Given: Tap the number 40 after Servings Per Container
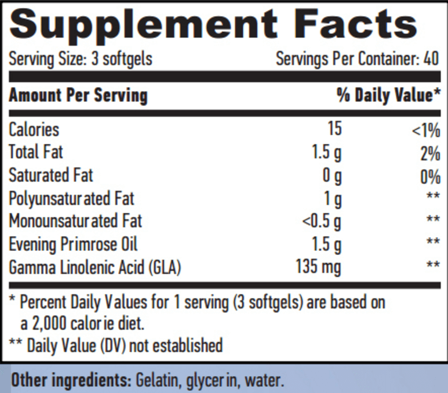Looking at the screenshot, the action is tap(431, 59).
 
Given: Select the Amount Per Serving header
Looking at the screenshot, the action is tap(78, 95).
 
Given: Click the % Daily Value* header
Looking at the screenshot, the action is tap(388, 95).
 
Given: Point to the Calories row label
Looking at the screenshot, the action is tap(34, 129).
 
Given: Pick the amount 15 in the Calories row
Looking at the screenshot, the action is tap(335, 128).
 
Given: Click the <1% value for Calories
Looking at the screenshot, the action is tap(426, 130).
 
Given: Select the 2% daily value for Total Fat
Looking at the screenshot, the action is tap(430, 154).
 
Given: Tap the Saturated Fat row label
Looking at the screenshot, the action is tap(51, 175).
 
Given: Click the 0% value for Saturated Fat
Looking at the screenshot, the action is tap(430, 177).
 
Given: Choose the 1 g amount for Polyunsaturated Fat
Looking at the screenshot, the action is tap(333, 199).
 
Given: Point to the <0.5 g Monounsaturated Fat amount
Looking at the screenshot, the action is tap(322, 222).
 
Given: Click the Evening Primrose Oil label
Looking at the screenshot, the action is tap(73, 245).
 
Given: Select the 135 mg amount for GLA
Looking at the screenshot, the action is tap(319, 267).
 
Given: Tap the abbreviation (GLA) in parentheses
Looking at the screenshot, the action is tap(165, 268).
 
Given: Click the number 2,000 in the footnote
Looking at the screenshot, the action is tap(49, 324).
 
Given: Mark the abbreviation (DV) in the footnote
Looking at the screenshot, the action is tap(113, 345).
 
